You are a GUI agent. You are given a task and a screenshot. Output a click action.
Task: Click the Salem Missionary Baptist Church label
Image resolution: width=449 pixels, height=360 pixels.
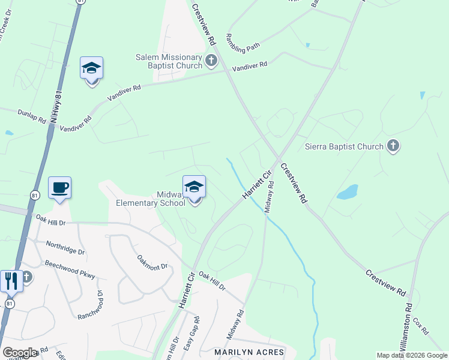pos(169,61)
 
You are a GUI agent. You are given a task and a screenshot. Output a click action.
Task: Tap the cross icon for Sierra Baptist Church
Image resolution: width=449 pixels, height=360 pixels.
pos(393,146)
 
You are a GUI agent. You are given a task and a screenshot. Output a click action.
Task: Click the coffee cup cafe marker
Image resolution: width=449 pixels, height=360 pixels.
pos(60,188)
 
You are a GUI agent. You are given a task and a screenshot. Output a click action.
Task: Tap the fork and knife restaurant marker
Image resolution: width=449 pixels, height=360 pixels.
pos(11,280)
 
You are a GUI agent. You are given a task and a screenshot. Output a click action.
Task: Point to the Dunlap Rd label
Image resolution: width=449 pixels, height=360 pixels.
pos(31,115)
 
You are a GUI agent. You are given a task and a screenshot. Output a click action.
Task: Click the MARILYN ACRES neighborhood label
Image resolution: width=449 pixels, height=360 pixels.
pos(244,352)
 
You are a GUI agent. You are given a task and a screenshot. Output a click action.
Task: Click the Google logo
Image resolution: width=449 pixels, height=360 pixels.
pos(20,352)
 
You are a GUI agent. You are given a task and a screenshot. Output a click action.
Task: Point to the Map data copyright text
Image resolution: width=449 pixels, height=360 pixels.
pos(411,355)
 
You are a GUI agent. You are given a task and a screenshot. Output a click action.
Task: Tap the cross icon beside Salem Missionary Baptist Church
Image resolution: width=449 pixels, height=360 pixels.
pos(211,60)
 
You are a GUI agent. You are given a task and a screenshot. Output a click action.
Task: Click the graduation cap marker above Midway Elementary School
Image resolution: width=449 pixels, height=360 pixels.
pos(194,188)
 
